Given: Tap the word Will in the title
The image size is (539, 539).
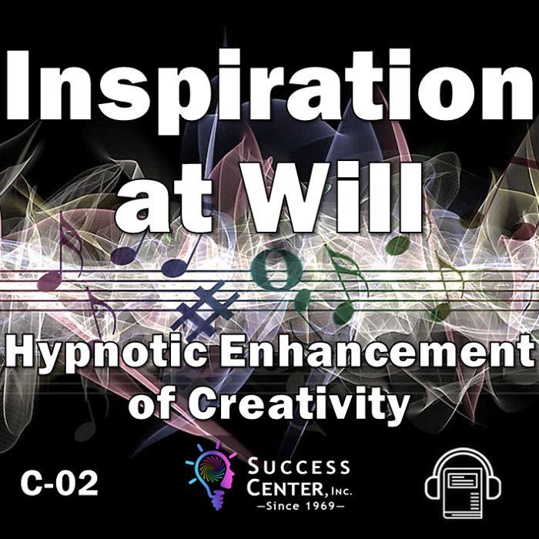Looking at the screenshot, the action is (x=332, y=197).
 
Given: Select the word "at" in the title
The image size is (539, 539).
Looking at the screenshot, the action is (x=164, y=203).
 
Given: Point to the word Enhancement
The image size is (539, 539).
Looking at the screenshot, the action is (x=377, y=350).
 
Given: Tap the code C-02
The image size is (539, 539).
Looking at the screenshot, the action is (x=59, y=483).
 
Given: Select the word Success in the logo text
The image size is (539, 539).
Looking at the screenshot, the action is (x=299, y=467).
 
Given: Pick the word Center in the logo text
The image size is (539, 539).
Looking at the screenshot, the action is (x=286, y=487).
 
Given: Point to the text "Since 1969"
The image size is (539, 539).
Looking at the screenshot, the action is (x=300, y=505).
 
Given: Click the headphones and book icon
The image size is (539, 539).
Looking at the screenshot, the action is (x=463, y=484).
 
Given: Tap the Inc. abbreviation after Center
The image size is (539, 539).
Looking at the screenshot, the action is (x=340, y=491).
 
